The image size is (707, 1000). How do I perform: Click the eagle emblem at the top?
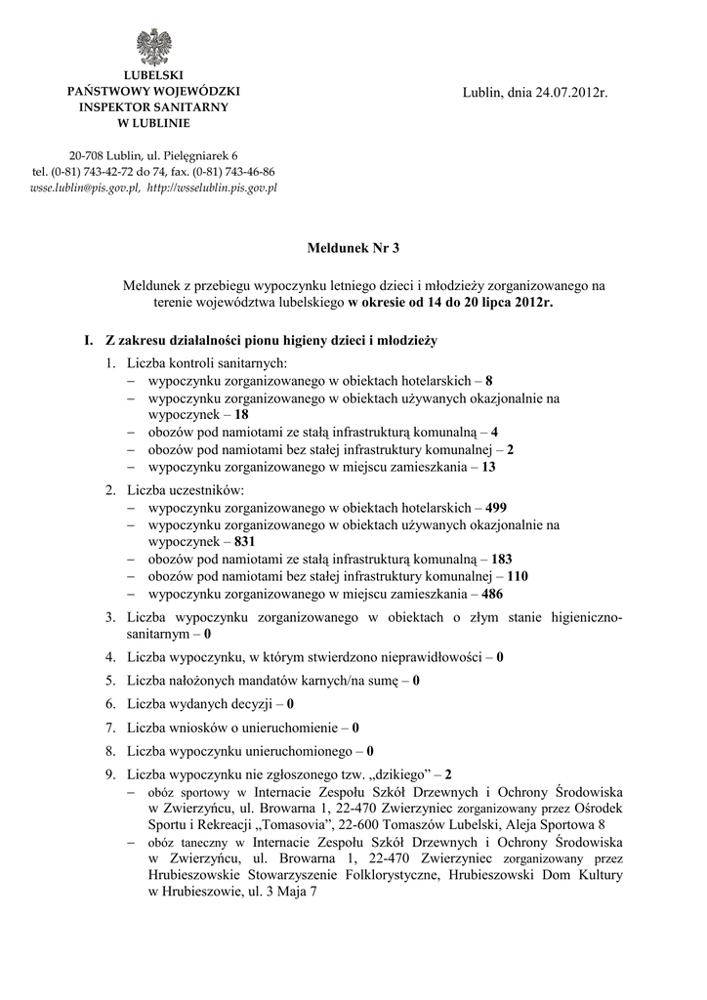pos(153,47)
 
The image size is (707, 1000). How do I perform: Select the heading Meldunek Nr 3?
pos(353,248)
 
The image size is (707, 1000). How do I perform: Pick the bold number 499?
pos(496,508)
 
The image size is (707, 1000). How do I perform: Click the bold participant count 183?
pos(502,559)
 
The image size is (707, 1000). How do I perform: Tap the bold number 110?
pos(518,576)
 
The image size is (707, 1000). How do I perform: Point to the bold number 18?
pos(242,414)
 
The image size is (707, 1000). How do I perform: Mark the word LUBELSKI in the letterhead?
pos(153,76)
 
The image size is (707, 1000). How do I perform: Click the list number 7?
pos(109,727)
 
